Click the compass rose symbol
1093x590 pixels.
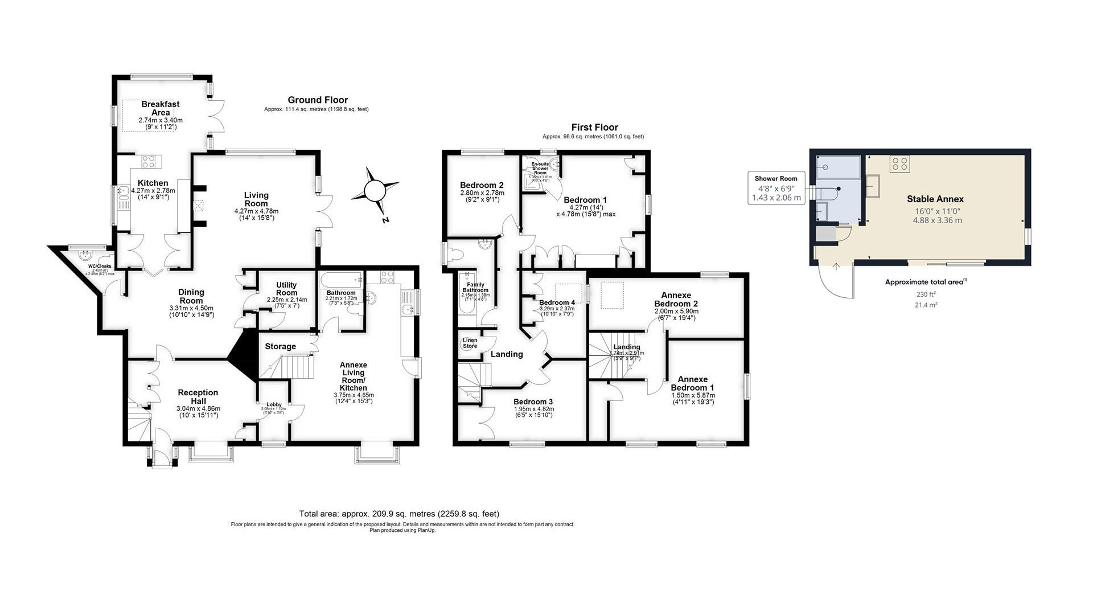[x=375, y=191]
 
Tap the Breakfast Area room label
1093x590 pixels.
[x=160, y=108]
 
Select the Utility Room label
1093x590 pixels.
[x=286, y=289]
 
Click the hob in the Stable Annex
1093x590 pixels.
[x=900, y=164]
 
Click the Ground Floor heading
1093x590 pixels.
[x=317, y=100]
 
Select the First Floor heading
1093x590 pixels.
[x=594, y=128]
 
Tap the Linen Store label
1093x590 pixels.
[x=470, y=343]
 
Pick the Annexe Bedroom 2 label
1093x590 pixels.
[x=676, y=299]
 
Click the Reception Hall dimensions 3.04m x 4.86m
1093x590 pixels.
[x=198, y=408]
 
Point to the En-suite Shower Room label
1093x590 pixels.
[x=540, y=168]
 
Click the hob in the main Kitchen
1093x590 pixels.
[x=149, y=161]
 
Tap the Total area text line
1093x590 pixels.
[x=398, y=513]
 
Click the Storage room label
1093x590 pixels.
[x=280, y=346]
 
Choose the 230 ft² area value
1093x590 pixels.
[x=926, y=294]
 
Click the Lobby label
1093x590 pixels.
[x=274, y=404]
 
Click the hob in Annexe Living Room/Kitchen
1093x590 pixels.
[x=387, y=277]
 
